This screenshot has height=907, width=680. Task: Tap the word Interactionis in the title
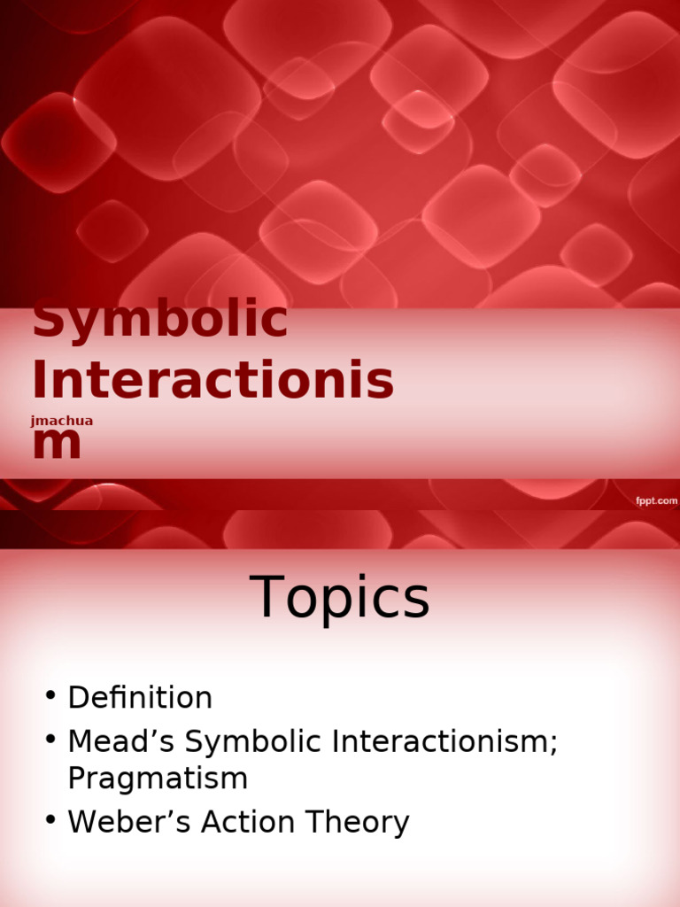pos(212,380)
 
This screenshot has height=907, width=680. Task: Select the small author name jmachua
pos(61,421)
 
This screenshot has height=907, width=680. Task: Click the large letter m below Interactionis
pos(57,444)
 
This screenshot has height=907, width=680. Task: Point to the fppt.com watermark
pos(655,501)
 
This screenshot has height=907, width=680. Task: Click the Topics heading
pos(340,598)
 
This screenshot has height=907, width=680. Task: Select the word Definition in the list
pos(140,698)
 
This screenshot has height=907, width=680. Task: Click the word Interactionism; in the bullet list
pos(445,742)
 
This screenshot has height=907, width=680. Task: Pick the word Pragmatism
pos(158,779)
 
